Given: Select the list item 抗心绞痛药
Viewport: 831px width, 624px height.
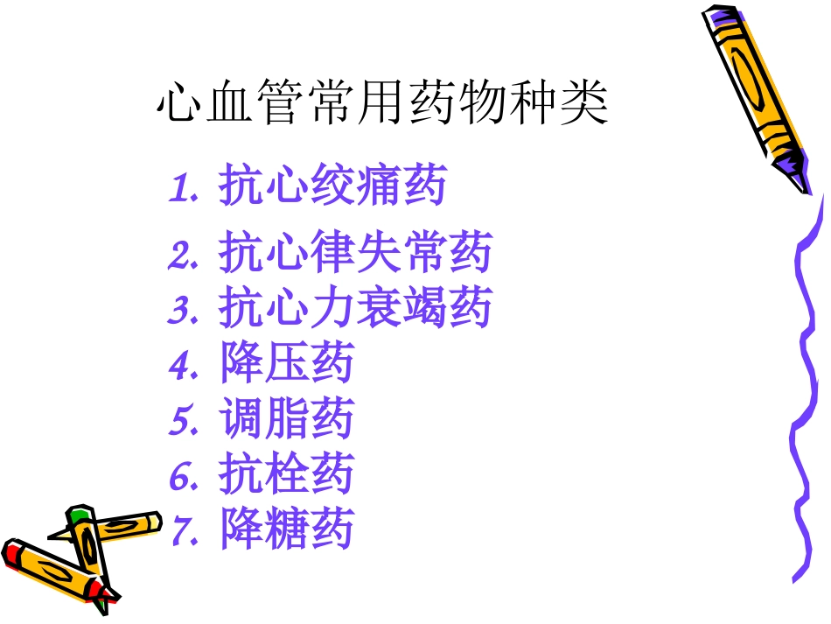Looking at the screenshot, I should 332,186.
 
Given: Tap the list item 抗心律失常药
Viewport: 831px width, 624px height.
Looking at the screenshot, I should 355,253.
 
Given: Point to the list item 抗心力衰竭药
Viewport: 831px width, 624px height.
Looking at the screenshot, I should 355,308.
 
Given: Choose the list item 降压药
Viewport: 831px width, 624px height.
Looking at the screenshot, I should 287,363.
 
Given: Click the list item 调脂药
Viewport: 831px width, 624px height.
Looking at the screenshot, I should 287,419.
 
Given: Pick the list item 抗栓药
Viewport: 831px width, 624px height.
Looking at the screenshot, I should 287,474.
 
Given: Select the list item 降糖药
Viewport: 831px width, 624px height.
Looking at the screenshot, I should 287,529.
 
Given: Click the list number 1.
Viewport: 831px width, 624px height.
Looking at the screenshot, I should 182,188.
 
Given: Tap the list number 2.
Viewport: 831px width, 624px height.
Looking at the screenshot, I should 182,255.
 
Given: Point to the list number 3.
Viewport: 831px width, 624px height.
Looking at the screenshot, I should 182,310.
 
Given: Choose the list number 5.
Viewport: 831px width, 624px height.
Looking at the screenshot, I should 182,421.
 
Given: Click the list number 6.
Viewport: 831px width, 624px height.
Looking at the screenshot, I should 182,476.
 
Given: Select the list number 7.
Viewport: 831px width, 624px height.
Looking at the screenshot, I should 182,531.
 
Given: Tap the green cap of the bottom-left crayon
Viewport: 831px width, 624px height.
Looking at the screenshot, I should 80,511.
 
